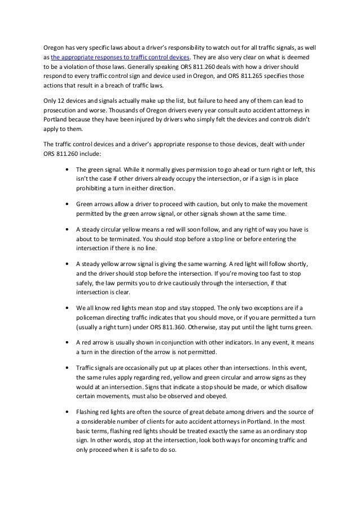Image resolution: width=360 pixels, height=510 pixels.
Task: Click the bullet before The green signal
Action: point(68,168)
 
